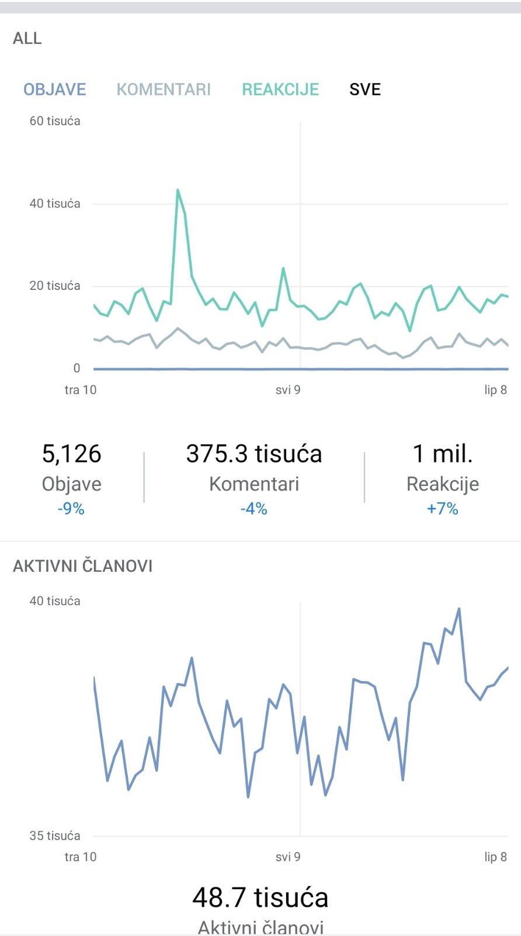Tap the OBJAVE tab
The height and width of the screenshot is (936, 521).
(x=54, y=89)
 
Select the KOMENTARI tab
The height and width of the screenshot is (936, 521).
(x=164, y=89)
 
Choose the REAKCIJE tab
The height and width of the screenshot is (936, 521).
(x=280, y=89)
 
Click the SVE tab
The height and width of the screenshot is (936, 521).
(x=365, y=89)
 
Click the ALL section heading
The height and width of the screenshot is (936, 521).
(x=27, y=39)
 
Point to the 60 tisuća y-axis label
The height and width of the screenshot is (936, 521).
(x=55, y=121)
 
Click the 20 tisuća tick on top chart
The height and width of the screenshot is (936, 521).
(x=55, y=286)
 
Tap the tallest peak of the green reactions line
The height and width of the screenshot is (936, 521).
(x=178, y=190)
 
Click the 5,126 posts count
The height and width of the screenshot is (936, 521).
(x=72, y=454)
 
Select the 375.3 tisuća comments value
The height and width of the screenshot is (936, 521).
(x=254, y=454)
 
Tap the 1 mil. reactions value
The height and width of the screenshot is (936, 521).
(x=442, y=454)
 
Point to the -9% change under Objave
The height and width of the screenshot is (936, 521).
(x=71, y=509)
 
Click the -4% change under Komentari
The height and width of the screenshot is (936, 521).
(x=254, y=509)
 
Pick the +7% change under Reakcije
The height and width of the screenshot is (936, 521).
(x=442, y=509)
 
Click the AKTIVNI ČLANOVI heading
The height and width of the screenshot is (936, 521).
(x=83, y=566)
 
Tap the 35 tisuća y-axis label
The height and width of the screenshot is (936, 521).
(x=55, y=836)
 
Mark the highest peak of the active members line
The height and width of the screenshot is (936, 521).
(x=459, y=609)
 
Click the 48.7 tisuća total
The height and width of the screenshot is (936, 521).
(x=260, y=897)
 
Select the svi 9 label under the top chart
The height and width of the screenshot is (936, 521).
(x=288, y=390)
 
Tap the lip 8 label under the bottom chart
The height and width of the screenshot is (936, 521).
(x=495, y=857)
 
